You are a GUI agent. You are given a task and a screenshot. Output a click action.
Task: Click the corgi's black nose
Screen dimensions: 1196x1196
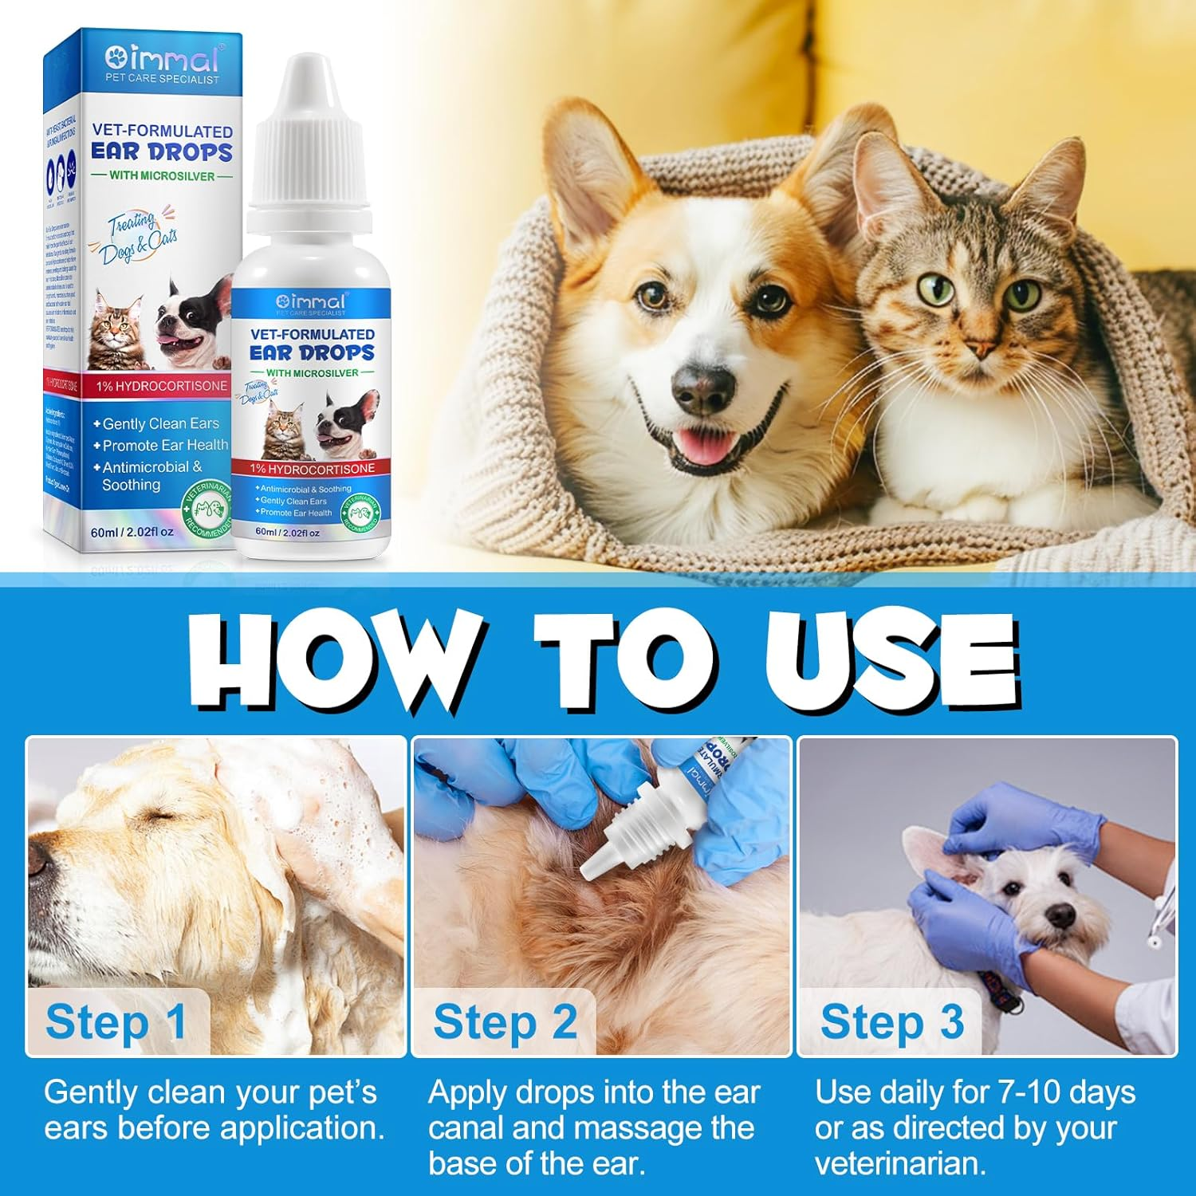tap(702, 388)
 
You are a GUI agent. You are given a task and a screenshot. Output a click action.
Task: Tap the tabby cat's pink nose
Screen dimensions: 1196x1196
tap(979, 348)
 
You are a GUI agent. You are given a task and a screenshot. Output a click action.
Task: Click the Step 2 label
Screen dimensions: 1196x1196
tap(505, 1021)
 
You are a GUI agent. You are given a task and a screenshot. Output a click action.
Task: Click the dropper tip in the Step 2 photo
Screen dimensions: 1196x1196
tap(590, 869)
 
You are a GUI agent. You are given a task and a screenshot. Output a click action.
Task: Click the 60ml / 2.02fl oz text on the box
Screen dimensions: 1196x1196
tap(132, 532)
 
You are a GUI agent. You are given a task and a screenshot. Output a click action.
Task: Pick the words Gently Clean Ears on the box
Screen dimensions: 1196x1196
tap(159, 424)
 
